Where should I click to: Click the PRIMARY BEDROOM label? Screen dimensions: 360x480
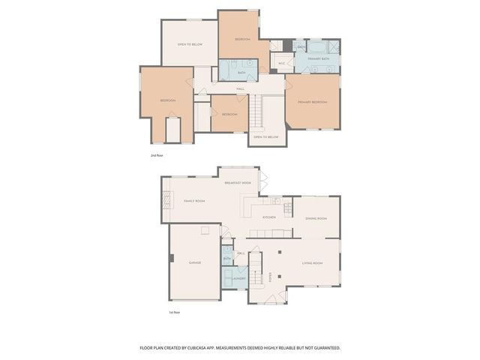click(x=312, y=101)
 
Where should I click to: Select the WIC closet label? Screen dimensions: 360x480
click(x=281, y=63)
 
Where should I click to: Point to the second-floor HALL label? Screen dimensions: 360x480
click(x=241, y=89)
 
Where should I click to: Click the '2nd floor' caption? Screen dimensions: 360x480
click(x=157, y=154)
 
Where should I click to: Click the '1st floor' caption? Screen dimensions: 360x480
click(x=175, y=312)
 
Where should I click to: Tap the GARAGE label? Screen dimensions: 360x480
click(x=195, y=262)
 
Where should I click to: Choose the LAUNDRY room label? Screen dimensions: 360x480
click(x=239, y=277)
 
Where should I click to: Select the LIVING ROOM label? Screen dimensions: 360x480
click(x=312, y=262)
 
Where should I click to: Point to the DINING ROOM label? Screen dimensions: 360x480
click(x=316, y=218)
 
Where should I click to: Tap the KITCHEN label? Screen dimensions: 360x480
click(x=268, y=217)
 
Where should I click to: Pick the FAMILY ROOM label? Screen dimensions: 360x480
click(x=195, y=201)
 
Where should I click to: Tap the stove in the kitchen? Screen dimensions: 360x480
click(x=277, y=201)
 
